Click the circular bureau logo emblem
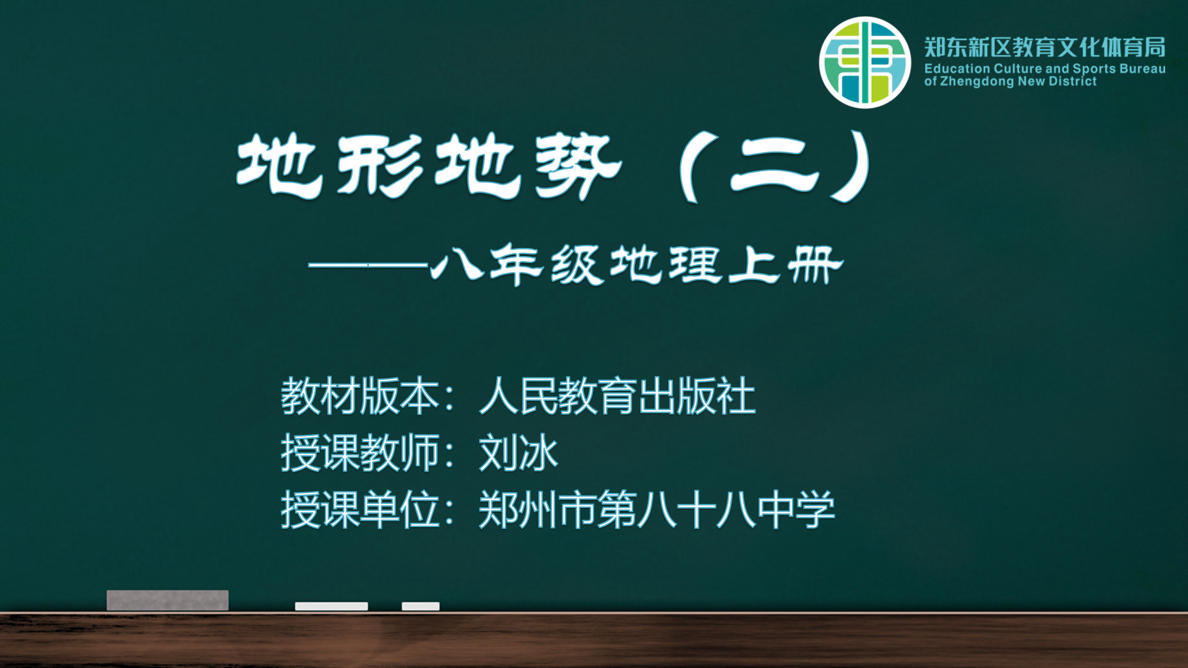(x=865, y=62)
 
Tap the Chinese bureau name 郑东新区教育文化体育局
(x=1045, y=47)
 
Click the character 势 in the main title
(x=578, y=166)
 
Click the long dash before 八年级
(x=368, y=265)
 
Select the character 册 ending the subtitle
(x=816, y=265)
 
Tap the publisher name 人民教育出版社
(x=618, y=396)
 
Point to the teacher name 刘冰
(x=519, y=453)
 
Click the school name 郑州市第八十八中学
(x=656, y=510)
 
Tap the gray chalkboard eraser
(x=168, y=600)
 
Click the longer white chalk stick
(x=332, y=606)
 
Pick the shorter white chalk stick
(x=421, y=606)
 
